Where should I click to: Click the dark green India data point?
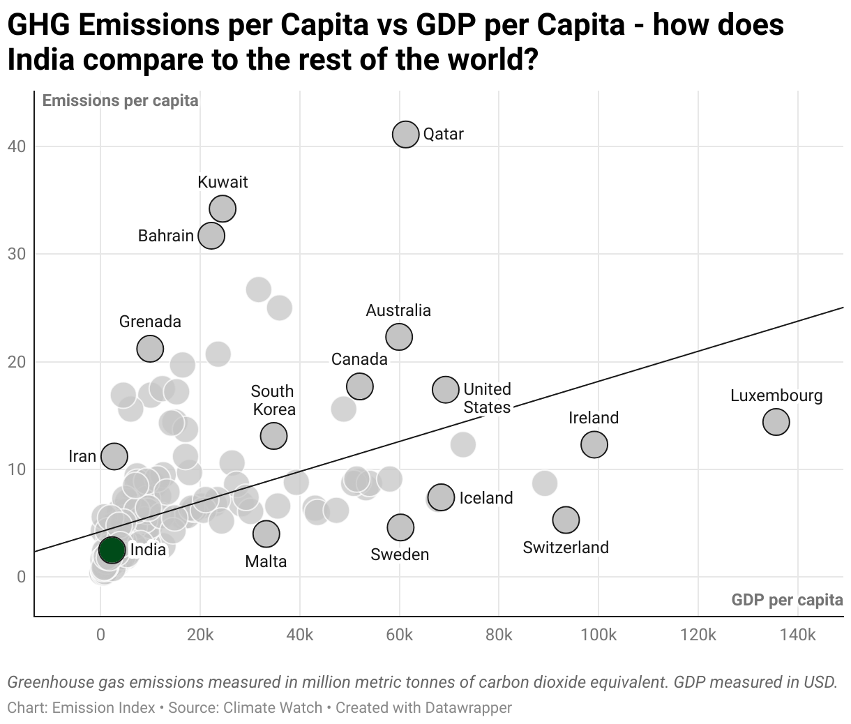(x=112, y=550)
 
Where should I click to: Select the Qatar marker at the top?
(x=405, y=134)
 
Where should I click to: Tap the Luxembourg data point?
(x=776, y=421)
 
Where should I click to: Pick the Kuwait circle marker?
(x=223, y=208)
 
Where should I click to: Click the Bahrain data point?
(x=211, y=236)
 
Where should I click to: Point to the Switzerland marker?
(x=566, y=519)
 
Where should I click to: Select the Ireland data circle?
(x=594, y=444)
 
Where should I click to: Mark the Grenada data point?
(x=150, y=348)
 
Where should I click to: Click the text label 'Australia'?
(x=398, y=310)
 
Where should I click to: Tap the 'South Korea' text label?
(x=273, y=400)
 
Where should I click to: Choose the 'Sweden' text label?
(x=400, y=555)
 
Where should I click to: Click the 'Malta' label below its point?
(x=266, y=561)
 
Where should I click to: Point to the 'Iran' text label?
(x=82, y=456)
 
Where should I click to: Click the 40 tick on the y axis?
(x=17, y=146)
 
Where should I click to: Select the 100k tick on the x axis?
(x=598, y=635)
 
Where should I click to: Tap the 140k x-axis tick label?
(x=797, y=635)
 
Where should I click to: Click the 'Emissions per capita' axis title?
(x=120, y=100)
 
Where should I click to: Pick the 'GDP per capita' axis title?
(x=787, y=600)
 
